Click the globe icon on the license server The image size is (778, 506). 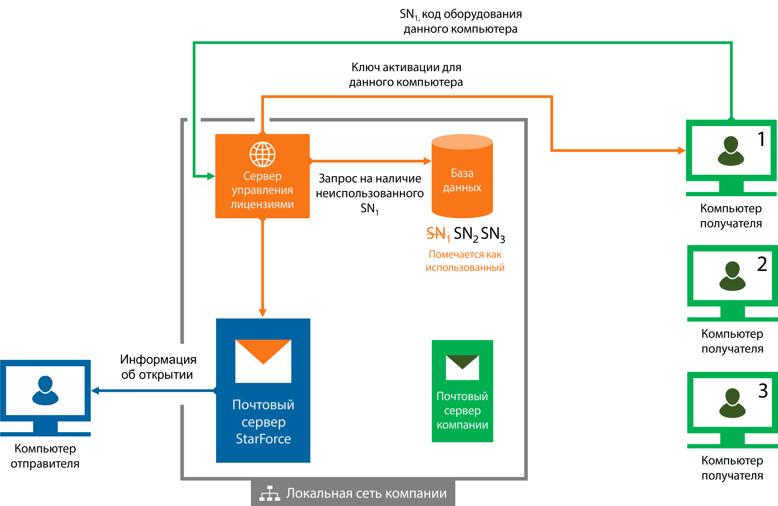tap(263, 154)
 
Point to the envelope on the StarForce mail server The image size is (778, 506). tap(263, 361)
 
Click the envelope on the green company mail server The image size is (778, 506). tap(462, 367)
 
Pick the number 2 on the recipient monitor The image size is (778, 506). tap(762, 264)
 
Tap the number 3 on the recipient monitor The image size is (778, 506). tap(763, 390)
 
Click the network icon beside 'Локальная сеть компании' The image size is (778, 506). tap(269, 493)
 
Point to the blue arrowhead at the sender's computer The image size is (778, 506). tap(95, 390)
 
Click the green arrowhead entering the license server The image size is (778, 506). tap(211, 176)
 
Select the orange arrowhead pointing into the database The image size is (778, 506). tap(427, 161)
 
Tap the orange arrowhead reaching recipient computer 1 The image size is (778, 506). tap(682, 151)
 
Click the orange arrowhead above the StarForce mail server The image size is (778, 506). tap(263, 313)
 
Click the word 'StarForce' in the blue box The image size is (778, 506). tap(263, 439)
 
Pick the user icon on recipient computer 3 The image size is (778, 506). tap(732, 403)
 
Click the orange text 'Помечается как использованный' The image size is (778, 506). tap(465, 261)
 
